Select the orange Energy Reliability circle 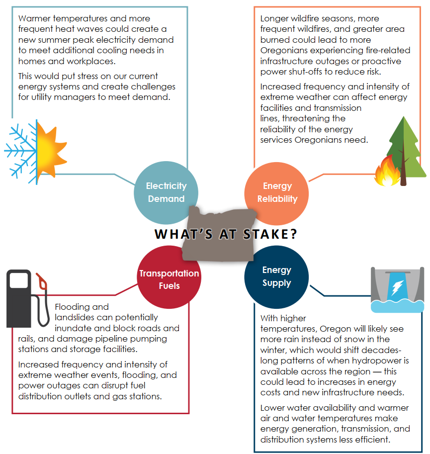pyautogui.click(x=277, y=192)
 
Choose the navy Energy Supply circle pyautogui.click(x=276, y=277)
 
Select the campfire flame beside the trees pyautogui.click(x=384, y=172)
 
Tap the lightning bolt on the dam pyautogui.click(x=397, y=287)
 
